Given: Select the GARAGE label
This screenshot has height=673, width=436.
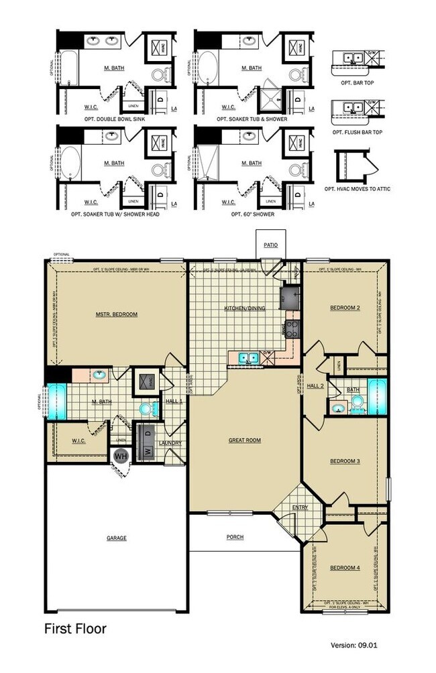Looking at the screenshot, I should [x=116, y=538].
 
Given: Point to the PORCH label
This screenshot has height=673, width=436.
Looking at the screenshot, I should [x=235, y=537].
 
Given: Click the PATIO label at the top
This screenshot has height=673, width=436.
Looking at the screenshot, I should [x=270, y=245].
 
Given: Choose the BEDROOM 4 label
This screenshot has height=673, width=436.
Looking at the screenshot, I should [x=345, y=568].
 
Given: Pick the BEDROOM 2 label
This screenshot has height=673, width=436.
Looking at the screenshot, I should [x=345, y=308].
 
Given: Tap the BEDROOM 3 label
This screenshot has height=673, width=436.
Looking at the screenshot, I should [x=345, y=461].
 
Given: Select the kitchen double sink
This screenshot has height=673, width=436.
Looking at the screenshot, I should [x=246, y=358].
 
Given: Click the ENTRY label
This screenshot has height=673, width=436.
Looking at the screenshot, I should [x=300, y=507].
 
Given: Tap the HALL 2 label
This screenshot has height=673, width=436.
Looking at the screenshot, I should [x=315, y=386].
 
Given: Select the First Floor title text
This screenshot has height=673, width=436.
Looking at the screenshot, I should [x=75, y=629].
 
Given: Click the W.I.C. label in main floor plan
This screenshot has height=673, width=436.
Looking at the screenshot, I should [x=78, y=440].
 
